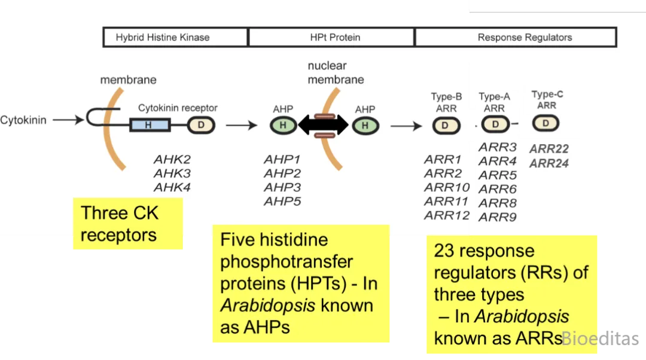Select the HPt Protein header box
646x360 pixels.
(x=331, y=37)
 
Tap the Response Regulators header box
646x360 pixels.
(x=516, y=37)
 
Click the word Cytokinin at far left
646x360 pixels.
(x=23, y=120)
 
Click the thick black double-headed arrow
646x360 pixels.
(x=323, y=125)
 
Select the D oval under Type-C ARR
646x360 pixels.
(x=546, y=123)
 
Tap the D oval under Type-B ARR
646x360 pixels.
(x=446, y=125)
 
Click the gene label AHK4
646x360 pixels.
(x=172, y=187)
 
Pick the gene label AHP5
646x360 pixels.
(x=282, y=202)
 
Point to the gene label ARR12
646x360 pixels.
(x=446, y=216)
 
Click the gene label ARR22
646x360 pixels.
(x=549, y=149)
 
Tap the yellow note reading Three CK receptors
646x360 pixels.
(x=127, y=224)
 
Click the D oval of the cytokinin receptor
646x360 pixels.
(x=201, y=125)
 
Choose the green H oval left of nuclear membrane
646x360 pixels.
(x=283, y=125)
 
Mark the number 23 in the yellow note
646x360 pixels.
(x=445, y=251)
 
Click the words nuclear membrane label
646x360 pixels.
(x=336, y=72)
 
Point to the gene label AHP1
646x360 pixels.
(x=282, y=160)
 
